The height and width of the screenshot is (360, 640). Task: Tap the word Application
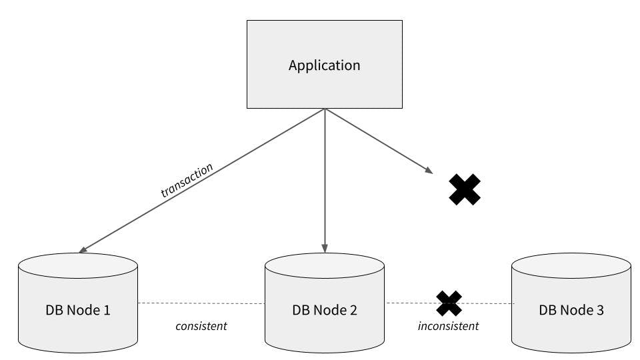(324, 65)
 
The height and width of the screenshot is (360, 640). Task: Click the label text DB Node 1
(78, 310)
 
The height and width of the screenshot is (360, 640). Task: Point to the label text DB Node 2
(325, 310)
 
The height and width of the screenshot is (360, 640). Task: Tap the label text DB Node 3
(571, 310)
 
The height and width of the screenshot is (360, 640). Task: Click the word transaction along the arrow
(187, 180)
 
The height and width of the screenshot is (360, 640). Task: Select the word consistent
(201, 326)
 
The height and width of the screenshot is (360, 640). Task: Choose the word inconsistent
(448, 326)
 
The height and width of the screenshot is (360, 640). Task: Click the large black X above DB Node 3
(465, 189)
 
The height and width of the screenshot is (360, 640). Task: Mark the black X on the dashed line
(449, 303)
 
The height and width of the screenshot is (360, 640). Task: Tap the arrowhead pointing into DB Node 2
(325, 249)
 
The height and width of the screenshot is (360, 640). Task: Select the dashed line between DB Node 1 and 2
(201, 303)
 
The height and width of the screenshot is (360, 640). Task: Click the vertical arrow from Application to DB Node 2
(325, 180)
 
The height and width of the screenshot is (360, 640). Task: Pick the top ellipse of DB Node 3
(571, 265)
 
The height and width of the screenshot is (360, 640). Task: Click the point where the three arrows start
(325, 109)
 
